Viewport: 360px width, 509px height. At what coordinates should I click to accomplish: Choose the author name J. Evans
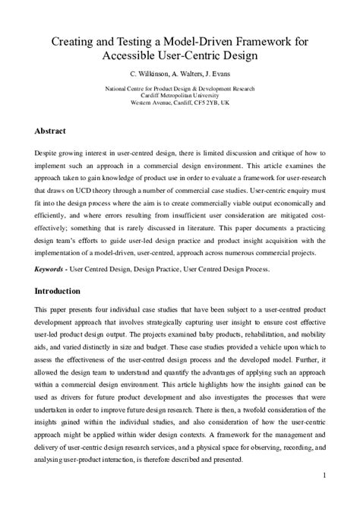pos(220,74)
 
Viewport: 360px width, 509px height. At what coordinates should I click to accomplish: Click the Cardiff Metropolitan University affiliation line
pos(180,95)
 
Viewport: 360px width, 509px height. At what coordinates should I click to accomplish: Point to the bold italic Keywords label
pos(50,269)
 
